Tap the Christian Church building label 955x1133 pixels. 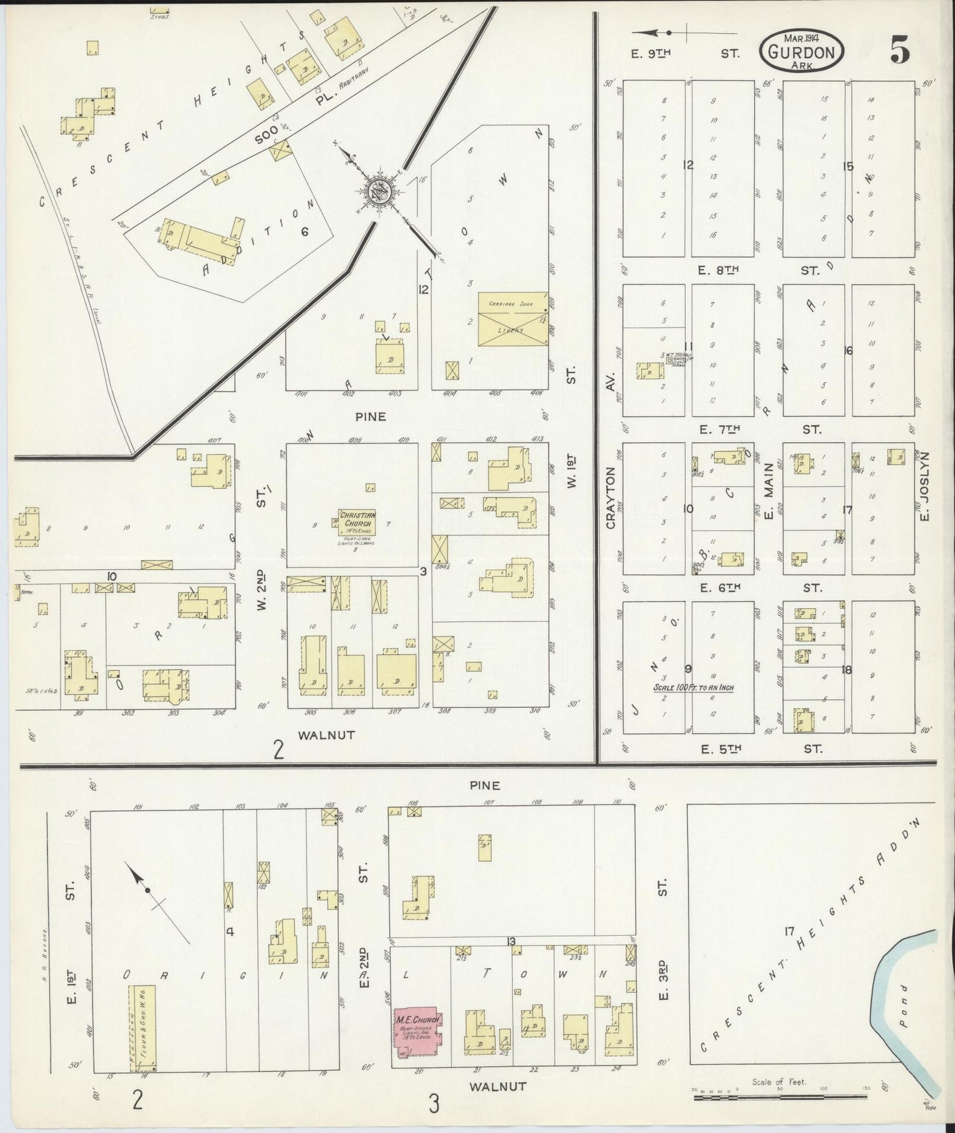(x=358, y=518)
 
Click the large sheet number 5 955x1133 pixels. (x=899, y=50)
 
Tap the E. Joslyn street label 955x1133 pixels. (x=925, y=485)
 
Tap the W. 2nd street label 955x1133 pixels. (x=261, y=588)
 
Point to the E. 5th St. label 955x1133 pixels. (x=760, y=749)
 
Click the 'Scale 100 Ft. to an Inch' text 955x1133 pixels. (x=693, y=687)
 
